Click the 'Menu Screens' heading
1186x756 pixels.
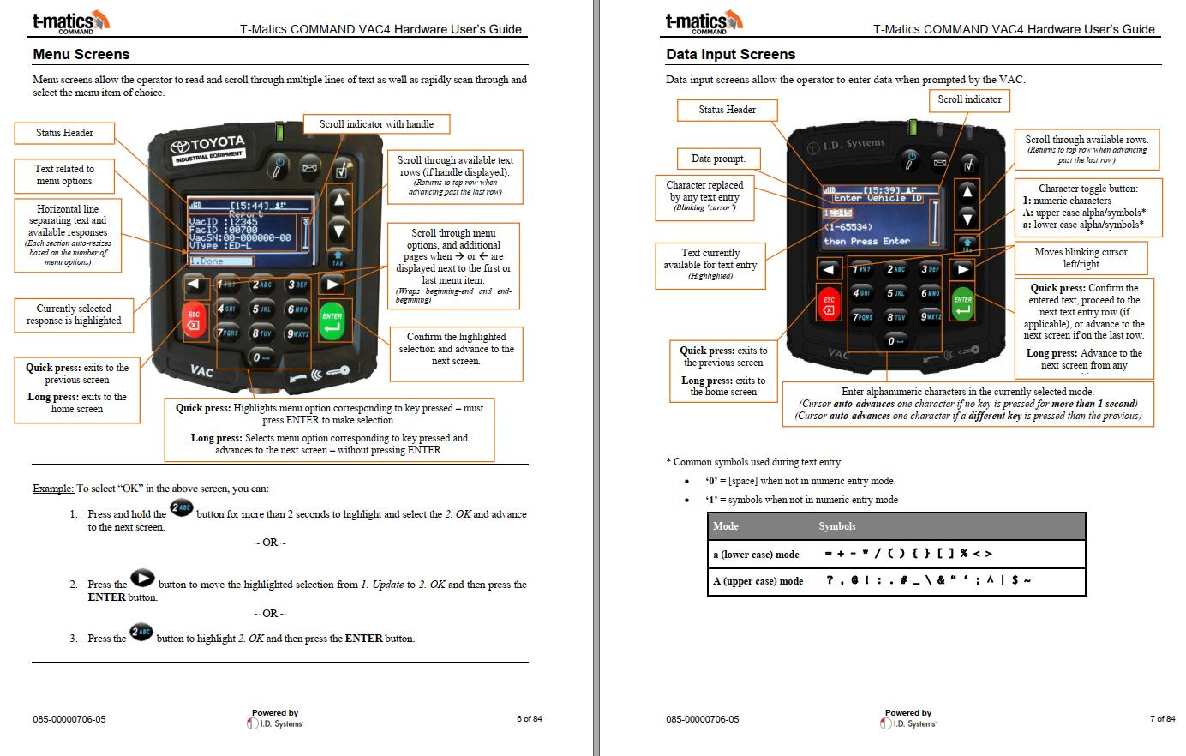[x=81, y=54]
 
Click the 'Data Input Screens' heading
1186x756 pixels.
[x=730, y=54]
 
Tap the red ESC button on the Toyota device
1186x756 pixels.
[x=195, y=320]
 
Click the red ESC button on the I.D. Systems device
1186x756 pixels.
[x=829, y=304]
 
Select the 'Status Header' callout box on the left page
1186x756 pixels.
[x=64, y=133]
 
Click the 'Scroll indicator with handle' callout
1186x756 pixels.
[x=376, y=124]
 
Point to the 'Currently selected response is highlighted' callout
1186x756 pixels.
[x=74, y=315]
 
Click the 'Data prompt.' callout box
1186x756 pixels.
[x=718, y=159]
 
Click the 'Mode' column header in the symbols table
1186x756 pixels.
[x=725, y=525]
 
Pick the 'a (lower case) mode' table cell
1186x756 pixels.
[x=756, y=554]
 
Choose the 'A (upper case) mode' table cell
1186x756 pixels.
[x=758, y=581]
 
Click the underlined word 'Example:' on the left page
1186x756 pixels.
[x=53, y=489]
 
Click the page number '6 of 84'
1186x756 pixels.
[x=529, y=719]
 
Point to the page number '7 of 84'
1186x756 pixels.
[x=1162, y=719]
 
